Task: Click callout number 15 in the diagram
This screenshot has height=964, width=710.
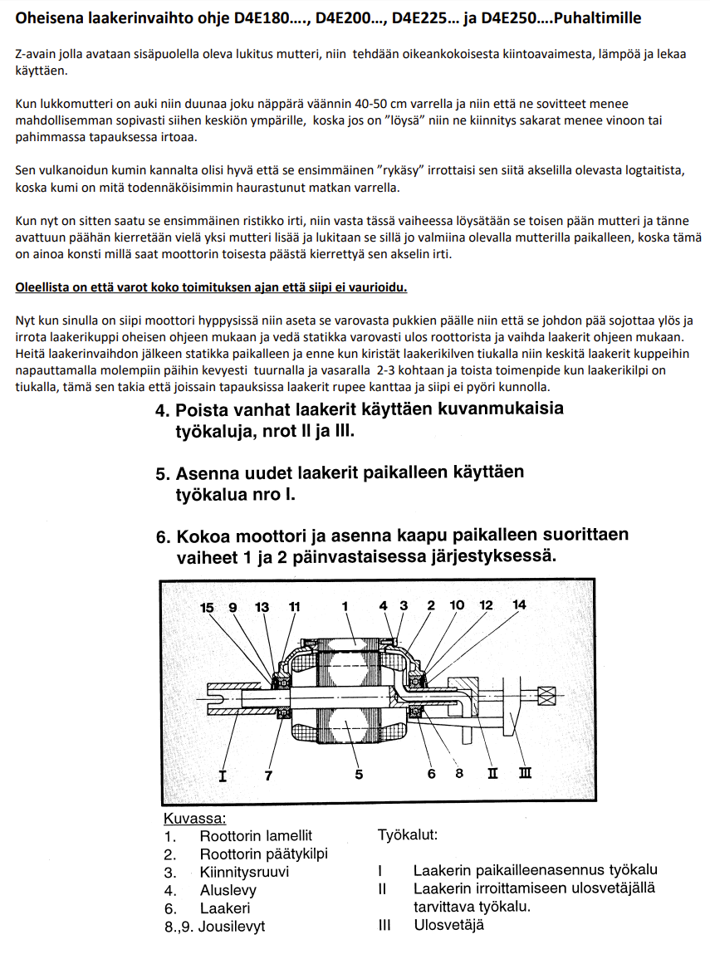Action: [208, 607]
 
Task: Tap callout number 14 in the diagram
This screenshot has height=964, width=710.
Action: [519, 605]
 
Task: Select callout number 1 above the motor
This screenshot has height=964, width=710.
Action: [345, 606]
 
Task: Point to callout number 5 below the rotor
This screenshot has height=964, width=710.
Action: [359, 775]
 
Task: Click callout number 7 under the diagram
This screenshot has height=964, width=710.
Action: [268, 775]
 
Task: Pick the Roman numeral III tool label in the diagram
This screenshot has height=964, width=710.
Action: [525, 774]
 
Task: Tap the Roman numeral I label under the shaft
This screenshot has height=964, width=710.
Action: [223, 775]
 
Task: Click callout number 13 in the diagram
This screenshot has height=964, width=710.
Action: [262, 607]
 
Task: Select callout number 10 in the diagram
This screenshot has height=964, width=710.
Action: [458, 605]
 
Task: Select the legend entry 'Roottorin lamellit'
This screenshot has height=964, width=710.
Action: [256, 836]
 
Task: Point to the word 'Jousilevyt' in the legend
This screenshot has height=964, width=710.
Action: [233, 926]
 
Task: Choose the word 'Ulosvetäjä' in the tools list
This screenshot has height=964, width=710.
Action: [448, 924]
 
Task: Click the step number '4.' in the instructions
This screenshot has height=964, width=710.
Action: [163, 410]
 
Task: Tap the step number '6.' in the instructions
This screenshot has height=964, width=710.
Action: [163, 536]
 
